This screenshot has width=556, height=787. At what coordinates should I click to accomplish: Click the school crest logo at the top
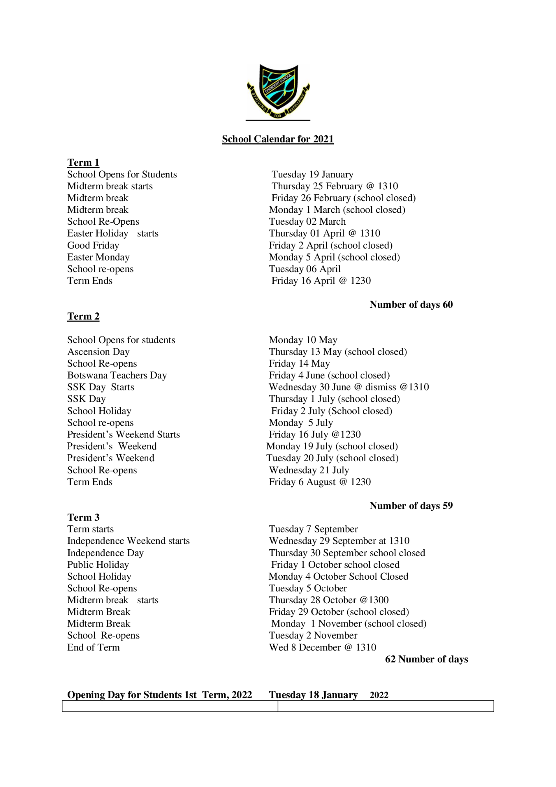[x=278, y=92]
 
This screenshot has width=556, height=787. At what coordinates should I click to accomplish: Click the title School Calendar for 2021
[x=278, y=139]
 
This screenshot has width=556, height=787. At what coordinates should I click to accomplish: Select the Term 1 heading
[x=83, y=163]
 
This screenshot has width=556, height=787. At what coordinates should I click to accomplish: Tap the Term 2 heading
[x=83, y=316]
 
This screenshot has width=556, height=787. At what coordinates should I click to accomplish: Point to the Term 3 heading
[x=83, y=517]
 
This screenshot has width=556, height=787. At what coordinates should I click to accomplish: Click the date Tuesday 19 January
[x=312, y=174]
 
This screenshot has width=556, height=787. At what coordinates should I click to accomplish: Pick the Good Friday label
[x=93, y=246]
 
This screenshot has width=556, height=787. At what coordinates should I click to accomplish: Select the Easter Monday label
[x=98, y=257]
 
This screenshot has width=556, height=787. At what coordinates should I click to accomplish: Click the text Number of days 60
[x=411, y=305]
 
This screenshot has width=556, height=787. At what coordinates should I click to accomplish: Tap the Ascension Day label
[x=98, y=352]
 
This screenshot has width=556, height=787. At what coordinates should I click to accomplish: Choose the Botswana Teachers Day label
[x=117, y=375]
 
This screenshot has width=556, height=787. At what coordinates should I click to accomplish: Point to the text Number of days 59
[x=411, y=506]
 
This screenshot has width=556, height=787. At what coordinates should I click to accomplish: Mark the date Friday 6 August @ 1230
[x=320, y=482]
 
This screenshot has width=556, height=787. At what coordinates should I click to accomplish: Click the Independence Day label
[x=105, y=553]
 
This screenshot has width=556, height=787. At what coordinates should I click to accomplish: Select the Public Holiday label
[x=98, y=565]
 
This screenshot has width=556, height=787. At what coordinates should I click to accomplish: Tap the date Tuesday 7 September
[x=313, y=529]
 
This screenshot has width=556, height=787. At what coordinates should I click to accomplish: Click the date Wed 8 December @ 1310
[x=322, y=647]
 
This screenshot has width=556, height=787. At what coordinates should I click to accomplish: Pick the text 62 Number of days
[x=426, y=659]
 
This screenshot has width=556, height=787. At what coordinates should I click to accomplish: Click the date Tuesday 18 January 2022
[x=328, y=695]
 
